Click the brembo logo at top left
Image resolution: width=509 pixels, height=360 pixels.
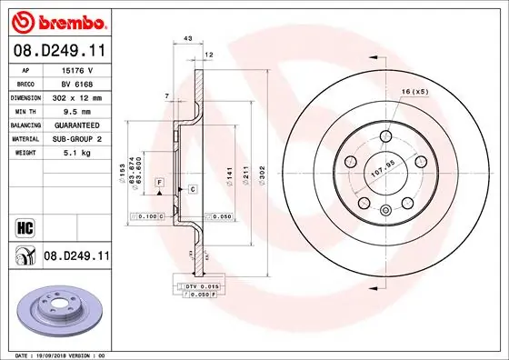pos(57,20)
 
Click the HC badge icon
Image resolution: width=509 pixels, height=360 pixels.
pos(25,224)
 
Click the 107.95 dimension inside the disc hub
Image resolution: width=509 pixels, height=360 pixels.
pos(383,165)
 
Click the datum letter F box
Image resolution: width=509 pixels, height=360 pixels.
pos(160,183)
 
